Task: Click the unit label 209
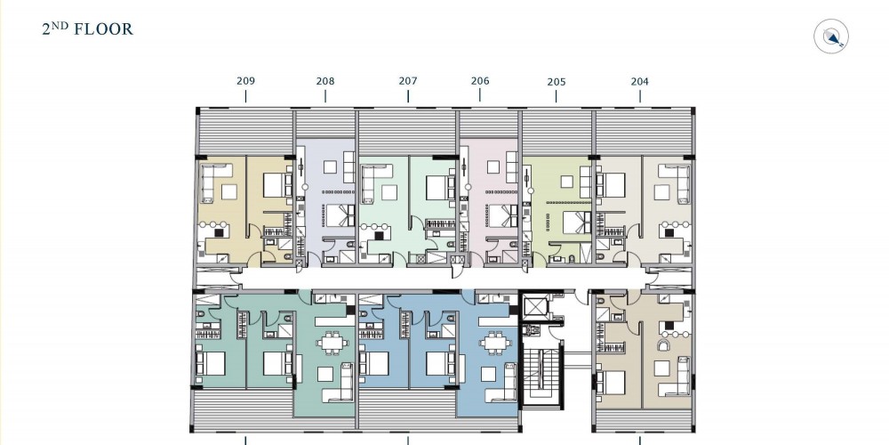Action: tap(245, 81)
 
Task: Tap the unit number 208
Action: tap(325, 82)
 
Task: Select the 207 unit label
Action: tap(408, 81)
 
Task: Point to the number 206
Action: tap(480, 81)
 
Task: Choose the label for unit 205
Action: tap(557, 82)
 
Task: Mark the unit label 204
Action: tap(639, 82)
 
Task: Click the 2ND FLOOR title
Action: tap(88, 29)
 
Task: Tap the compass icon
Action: tap(831, 36)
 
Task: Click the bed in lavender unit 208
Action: tap(340, 215)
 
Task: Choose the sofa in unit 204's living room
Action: tap(680, 182)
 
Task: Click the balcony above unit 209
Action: tap(245, 133)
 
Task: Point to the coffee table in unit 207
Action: tap(389, 193)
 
